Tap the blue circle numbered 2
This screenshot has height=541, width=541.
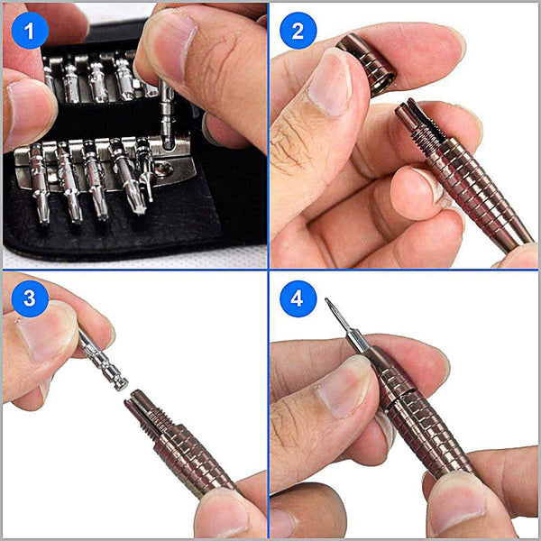click(x=298, y=32)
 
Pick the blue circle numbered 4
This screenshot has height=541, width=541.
click(x=298, y=298)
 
